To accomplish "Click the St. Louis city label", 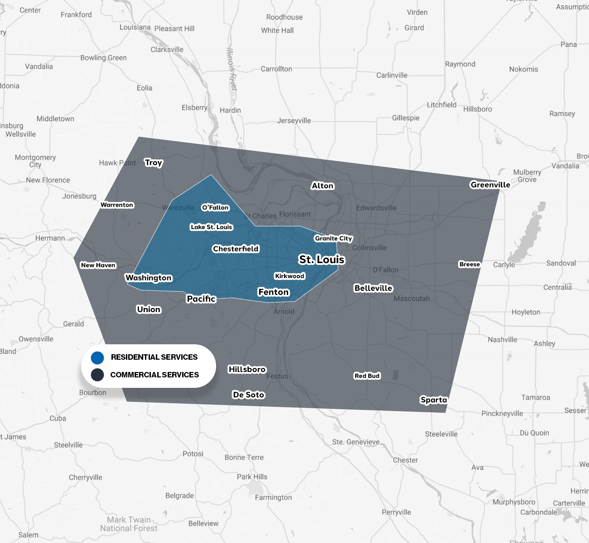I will pyautogui.click(x=322, y=259).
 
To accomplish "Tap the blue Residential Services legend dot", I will pyautogui.click(x=97, y=357).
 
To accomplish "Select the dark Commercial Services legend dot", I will pyautogui.click(x=97, y=375).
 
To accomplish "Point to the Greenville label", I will pyautogui.click(x=490, y=185).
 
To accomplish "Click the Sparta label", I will pyautogui.click(x=434, y=400).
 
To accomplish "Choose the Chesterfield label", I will pyautogui.click(x=236, y=249).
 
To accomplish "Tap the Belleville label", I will pyautogui.click(x=373, y=288).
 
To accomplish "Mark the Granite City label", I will pyautogui.click(x=333, y=238).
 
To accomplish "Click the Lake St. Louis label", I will pyautogui.click(x=212, y=227).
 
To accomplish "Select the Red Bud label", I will pyautogui.click(x=367, y=376).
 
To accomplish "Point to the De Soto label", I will pyautogui.click(x=248, y=395).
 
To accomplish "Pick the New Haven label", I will pyautogui.click(x=98, y=265).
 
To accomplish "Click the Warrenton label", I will pyautogui.click(x=117, y=205).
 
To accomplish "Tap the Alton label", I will pyautogui.click(x=323, y=186).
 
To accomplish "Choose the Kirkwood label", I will pyautogui.click(x=290, y=276).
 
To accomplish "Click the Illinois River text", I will pyautogui.click(x=232, y=69).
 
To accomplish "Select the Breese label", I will pyautogui.click(x=469, y=264).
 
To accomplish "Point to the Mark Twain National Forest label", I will pyautogui.click(x=129, y=524).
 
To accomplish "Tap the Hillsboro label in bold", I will pyautogui.click(x=247, y=369).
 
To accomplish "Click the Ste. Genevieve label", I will pyautogui.click(x=356, y=442).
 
